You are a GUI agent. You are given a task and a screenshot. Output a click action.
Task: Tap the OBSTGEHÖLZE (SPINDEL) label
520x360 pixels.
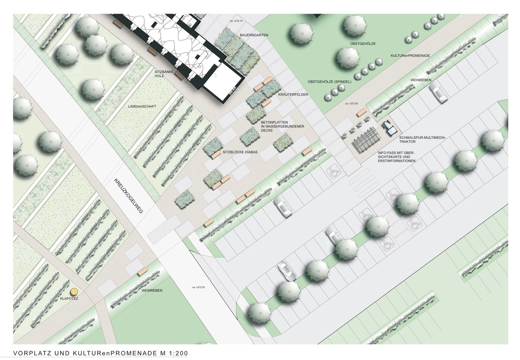click(329, 82)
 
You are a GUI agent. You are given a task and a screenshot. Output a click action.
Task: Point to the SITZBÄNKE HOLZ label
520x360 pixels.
click(163, 74)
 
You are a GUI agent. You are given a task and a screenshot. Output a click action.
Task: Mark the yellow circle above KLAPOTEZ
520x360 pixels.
click(73, 292)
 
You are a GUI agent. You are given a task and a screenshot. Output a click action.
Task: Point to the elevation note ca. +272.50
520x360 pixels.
click(352, 103)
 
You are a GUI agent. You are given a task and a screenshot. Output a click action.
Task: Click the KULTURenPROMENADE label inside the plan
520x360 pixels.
click(410, 56)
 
